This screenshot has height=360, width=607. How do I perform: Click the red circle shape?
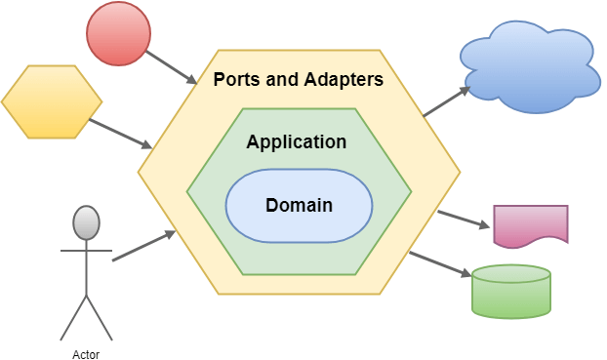pyautogui.click(x=118, y=34)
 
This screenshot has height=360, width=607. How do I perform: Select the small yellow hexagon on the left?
pyautogui.click(x=52, y=102)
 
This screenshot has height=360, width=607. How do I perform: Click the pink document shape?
pyautogui.click(x=530, y=224)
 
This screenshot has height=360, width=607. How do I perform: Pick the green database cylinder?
pyautogui.click(x=511, y=291)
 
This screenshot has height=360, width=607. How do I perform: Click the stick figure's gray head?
pyautogui.click(x=87, y=223)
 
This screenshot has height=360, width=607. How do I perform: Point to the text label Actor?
pyautogui.click(x=86, y=354)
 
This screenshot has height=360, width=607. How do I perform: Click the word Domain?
pyautogui.click(x=299, y=206)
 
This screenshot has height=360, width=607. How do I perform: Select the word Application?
pyautogui.click(x=296, y=142)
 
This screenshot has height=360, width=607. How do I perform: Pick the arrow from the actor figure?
pyautogui.click(x=144, y=246)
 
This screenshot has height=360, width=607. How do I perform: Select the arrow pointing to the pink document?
pyautogui.click(x=463, y=219)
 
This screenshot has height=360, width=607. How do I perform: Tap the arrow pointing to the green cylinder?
pyautogui.click(x=438, y=267)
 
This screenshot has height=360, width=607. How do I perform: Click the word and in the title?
pyautogui.click(x=282, y=78)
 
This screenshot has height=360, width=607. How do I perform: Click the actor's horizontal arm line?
pyautogui.click(x=86, y=250)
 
